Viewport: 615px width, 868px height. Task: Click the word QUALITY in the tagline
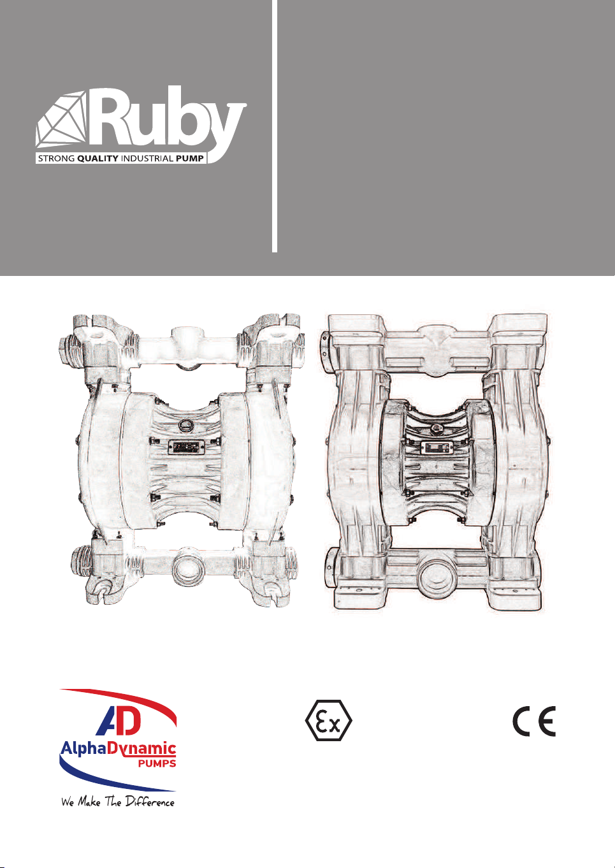(x=98, y=159)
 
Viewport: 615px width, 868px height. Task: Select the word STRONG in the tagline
(x=57, y=159)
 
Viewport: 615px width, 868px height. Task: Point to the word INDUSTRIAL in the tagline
(x=147, y=159)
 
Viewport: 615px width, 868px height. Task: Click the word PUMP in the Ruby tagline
(x=189, y=159)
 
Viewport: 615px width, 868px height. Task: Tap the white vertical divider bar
(x=275, y=126)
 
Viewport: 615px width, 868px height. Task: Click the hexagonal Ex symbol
(x=329, y=721)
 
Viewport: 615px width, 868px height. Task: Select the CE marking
(x=535, y=721)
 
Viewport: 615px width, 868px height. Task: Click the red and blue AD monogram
(x=116, y=721)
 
